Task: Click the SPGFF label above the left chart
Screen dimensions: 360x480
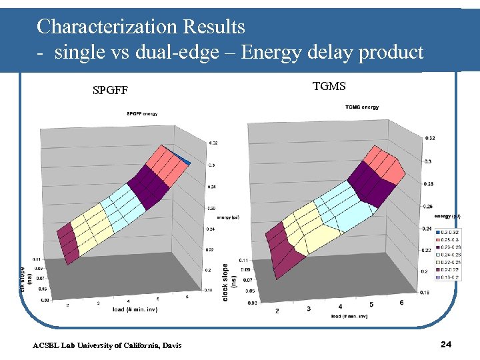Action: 110,90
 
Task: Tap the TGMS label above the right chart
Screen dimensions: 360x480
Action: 329,85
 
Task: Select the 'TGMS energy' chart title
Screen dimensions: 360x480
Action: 362,107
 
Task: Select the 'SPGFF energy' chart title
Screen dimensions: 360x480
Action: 142,114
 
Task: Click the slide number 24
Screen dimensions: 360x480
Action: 447,344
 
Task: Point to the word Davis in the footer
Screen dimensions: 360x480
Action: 169,345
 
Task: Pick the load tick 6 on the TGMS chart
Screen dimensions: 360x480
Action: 401,303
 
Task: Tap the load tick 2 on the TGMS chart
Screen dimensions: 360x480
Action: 277,311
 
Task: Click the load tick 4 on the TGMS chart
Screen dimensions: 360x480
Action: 341,307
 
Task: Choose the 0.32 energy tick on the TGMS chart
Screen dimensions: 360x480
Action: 429,138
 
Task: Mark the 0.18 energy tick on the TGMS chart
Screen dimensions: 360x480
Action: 424,291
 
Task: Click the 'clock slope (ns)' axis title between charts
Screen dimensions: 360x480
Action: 226,280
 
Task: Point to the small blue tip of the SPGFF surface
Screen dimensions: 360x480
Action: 187,161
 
